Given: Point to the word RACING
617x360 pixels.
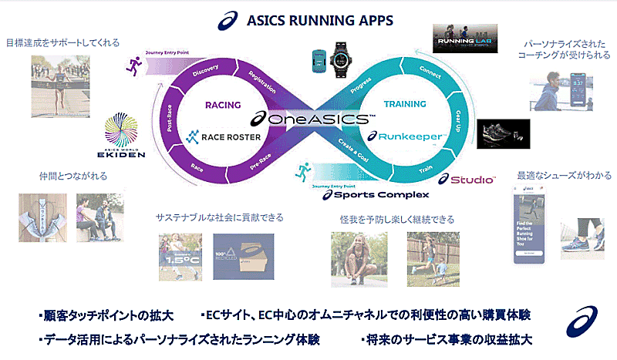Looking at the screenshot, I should (x=223, y=105).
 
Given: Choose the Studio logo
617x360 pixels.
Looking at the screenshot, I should (x=469, y=180).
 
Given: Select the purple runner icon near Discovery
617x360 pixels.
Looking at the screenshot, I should (x=137, y=65).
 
